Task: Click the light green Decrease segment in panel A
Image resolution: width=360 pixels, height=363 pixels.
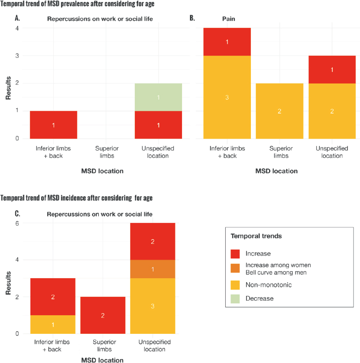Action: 159,97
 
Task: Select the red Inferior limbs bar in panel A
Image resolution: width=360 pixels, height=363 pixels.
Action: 53,125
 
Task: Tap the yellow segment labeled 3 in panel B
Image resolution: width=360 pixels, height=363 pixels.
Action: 227,97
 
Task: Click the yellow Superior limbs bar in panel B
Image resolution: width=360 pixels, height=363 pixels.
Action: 279,111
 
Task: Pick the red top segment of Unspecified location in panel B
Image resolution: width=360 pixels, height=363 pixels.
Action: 331,69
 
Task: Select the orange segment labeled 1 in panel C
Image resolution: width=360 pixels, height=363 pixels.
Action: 152,269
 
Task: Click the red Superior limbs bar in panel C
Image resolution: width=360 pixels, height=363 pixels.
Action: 103,315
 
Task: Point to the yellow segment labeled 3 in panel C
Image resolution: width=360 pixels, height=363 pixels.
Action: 152,306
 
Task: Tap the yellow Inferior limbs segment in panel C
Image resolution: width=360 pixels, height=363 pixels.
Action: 53,325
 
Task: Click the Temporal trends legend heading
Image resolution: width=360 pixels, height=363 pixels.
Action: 256,236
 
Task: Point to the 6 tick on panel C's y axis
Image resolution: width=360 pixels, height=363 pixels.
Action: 17,223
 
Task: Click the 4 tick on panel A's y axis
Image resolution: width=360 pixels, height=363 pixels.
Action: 17,28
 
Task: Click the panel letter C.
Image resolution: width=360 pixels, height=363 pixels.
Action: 17,214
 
